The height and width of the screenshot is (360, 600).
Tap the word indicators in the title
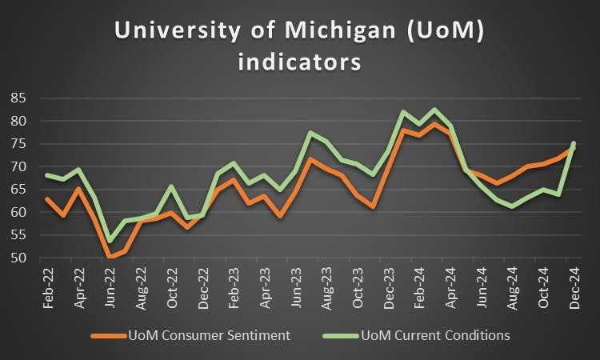(x=300, y=61)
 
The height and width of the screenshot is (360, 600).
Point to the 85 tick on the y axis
(x=19, y=98)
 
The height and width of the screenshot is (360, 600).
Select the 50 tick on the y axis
(x=19, y=258)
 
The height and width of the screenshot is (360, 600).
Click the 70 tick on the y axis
(x=19, y=167)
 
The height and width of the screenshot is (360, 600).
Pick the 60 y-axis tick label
(x=19, y=213)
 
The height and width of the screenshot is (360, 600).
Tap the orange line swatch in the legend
(x=108, y=336)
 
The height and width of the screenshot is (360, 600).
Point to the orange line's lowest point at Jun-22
(x=110, y=257)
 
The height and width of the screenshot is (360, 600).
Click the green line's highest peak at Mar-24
(x=434, y=110)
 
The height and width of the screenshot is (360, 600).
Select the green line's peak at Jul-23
(x=310, y=133)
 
